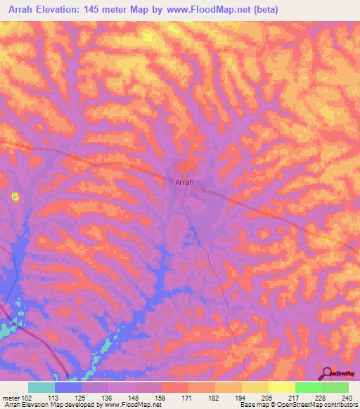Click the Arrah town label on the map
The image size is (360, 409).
point(184,181)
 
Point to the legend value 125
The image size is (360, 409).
point(82,397)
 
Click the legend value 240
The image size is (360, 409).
point(347,397)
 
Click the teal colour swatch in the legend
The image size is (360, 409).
point(41,387)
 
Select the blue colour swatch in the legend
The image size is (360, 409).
point(68,387)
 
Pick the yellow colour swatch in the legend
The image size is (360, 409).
point(282,387)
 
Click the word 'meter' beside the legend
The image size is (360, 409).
point(11,397)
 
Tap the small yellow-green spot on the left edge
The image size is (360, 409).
point(15,197)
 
